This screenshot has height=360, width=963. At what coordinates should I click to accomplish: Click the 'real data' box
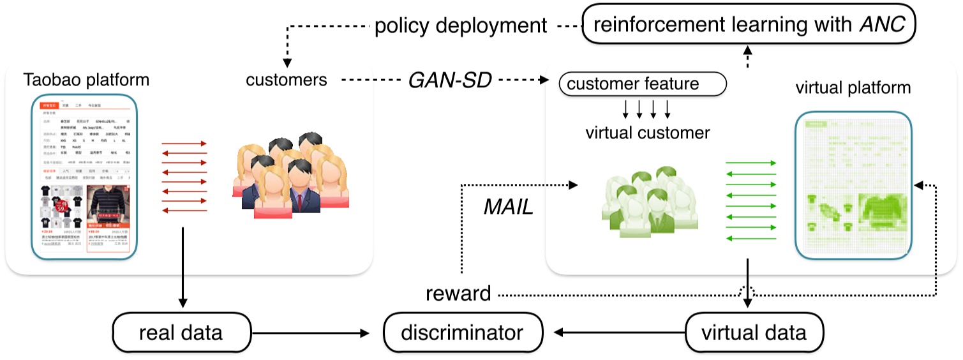coord(181,333)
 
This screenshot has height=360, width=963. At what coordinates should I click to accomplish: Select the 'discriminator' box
coord(463,333)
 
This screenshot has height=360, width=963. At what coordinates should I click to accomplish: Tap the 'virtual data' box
coord(754,333)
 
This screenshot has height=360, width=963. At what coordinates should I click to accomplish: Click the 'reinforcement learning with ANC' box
coord(749,25)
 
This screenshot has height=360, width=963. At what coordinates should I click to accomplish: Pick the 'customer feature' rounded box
coord(642,84)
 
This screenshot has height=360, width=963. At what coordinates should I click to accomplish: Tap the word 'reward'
coord(458,294)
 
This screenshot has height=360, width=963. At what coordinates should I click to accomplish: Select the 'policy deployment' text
coord(461,26)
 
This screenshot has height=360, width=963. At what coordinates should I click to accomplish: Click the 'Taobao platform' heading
coord(86,80)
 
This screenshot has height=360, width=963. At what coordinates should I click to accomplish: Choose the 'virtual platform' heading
coord(853,87)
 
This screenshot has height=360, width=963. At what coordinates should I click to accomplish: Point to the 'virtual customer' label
coord(648,133)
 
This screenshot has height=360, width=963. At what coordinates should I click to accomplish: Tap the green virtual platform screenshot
coord(853,185)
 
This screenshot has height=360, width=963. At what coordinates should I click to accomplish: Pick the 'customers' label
coord(286,80)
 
